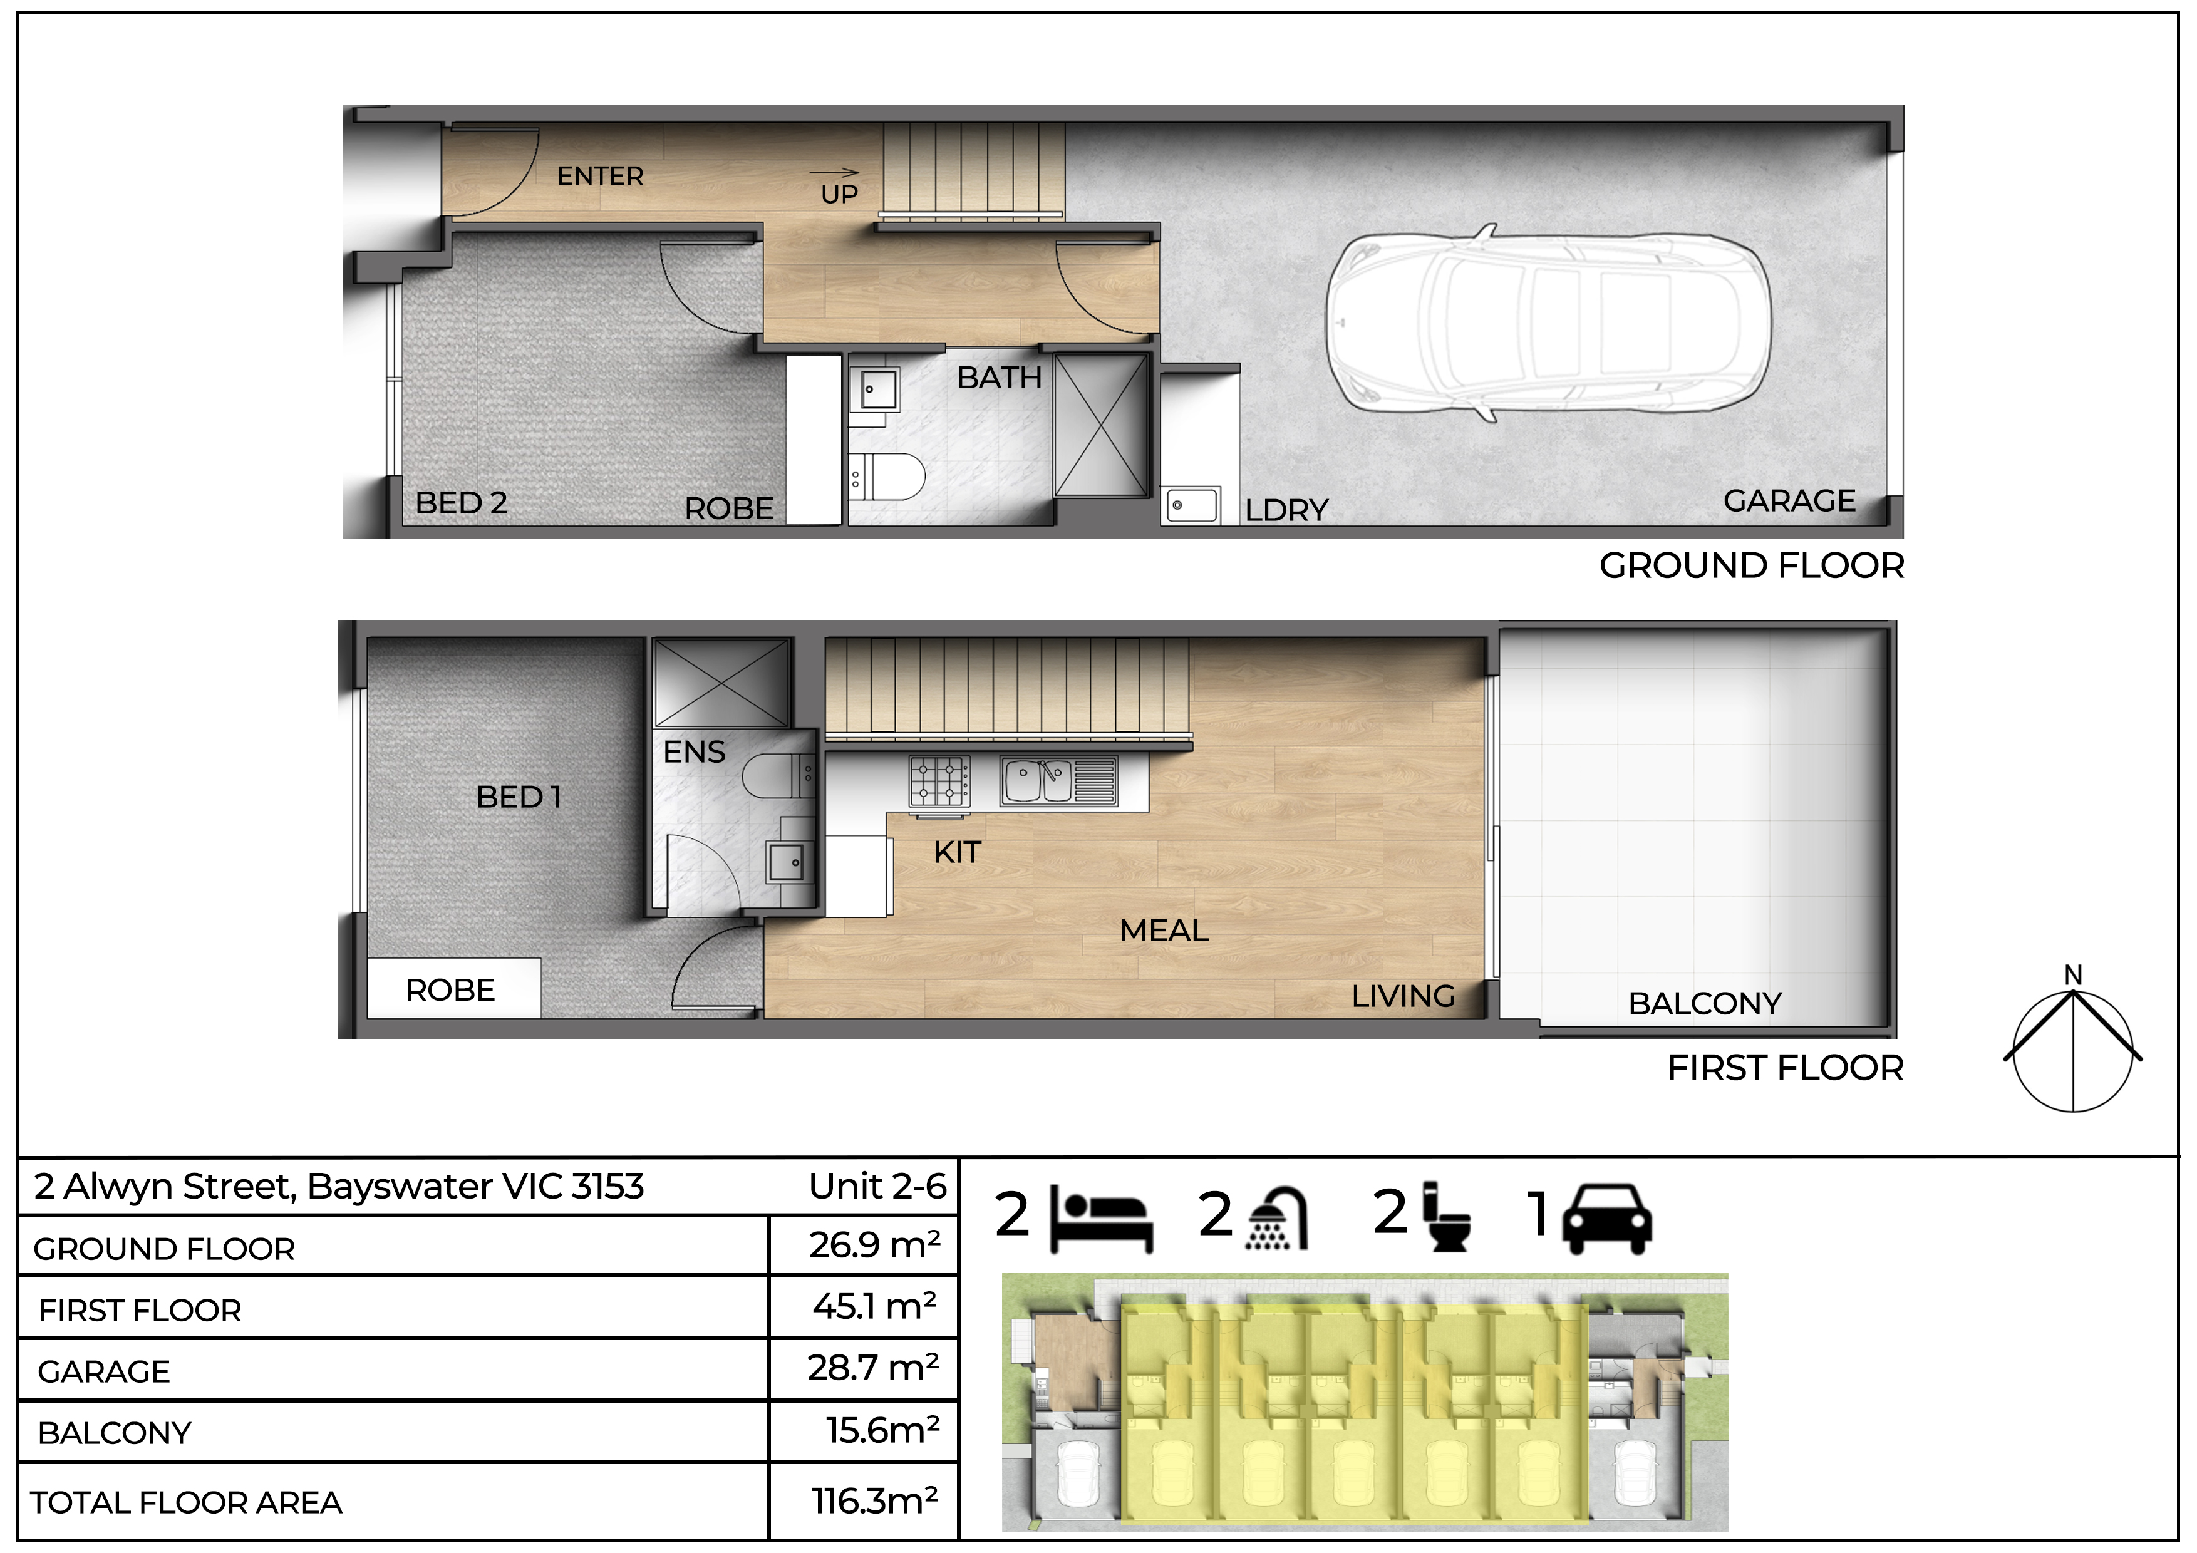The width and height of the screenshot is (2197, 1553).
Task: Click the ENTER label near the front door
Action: (600, 176)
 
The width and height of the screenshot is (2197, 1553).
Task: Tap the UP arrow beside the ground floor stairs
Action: (834, 173)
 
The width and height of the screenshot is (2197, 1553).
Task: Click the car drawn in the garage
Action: (1548, 322)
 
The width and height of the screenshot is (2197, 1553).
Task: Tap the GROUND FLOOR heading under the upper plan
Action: (1751, 565)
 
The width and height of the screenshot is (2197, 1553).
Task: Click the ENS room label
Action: (695, 752)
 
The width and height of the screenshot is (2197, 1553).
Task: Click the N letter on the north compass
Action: (2072, 975)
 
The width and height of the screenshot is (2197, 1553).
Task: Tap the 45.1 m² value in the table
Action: (874, 1306)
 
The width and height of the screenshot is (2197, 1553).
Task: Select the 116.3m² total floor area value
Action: (874, 1501)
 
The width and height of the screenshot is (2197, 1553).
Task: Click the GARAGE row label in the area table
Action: (103, 1372)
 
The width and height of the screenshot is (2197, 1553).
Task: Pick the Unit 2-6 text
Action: (877, 1187)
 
